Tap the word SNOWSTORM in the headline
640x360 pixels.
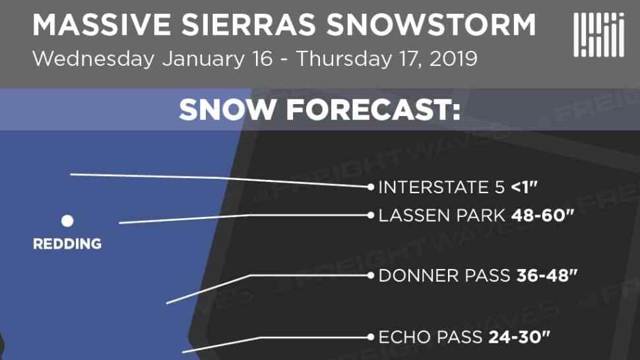(431, 25)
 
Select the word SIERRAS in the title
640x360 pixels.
(248, 25)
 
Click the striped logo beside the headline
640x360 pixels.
(599, 35)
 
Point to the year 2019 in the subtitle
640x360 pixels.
(453, 59)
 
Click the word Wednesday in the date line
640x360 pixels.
(94, 59)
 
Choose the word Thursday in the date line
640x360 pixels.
(343, 59)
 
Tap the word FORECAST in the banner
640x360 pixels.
(373, 109)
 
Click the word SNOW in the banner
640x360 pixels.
(227, 109)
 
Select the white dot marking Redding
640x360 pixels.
(67, 221)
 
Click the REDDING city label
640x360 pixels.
(67, 244)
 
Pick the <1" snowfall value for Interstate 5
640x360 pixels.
(525, 187)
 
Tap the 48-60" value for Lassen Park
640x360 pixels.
(542, 215)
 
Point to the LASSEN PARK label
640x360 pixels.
(442, 216)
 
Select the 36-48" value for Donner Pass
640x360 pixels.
(547, 276)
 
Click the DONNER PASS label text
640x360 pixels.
(445, 276)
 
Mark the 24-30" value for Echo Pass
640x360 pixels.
(519, 337)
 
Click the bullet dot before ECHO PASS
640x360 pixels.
(371, 337)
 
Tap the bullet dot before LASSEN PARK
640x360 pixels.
(371, 215)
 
